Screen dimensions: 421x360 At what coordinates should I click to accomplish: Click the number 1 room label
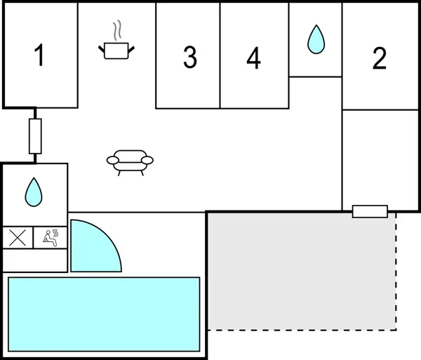pyautogui.click(x=39, y=55)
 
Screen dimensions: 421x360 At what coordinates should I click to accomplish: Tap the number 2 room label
pyautogui.click(x=380, y=58)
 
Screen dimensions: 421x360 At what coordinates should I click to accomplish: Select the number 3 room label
pyautogui.click(x=190, y=57)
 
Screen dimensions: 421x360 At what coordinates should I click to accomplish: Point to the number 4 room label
pyautogui.click(x=253, y=58)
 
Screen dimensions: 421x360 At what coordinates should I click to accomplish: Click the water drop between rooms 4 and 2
pyautogui.click(x=316, y=39)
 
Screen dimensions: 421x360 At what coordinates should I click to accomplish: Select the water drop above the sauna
pyautogui.click(x=34, y=192)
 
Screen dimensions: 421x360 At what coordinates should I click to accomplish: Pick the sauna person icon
pyautogui.click(x=51, y=238)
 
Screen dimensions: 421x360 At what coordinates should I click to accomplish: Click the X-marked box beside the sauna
pyautogui.click(x=18, y=238)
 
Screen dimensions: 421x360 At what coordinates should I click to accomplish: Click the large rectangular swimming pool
pyautogui.click(x=104, y=314)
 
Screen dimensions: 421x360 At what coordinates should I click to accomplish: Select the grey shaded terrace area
pyautogui.click(x=302, y=271)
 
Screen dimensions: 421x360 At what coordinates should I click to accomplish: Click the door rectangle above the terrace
pyautogui.click(x=370, y=211)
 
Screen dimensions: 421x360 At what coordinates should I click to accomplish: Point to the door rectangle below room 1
pyautogui.click(x=35, y=136)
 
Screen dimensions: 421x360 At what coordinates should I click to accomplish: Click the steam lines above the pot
pyautogui.click(x=117, y=30)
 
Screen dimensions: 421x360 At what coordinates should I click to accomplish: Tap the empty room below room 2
pyautogui.click(x=380, y=160)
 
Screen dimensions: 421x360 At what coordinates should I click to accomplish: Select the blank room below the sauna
pyautogui.click(x=34, y=260)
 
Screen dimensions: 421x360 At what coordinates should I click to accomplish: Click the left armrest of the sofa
pyautogui.click(x=112, y=160)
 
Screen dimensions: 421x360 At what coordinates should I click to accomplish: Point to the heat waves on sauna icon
pyautogui.click(x=55, y=233)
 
